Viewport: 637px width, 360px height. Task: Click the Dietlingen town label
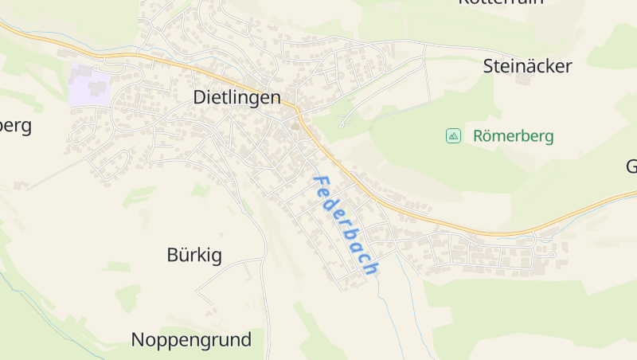pos(237,97)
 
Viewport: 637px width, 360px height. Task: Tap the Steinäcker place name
pos(527,66)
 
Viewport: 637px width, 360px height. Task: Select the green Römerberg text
pos(513,135)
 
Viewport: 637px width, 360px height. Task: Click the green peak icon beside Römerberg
pos(453,135)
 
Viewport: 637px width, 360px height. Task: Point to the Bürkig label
pos(194,255)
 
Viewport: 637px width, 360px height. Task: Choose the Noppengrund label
pos(191,340)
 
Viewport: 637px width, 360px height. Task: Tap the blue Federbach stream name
pos(345,225)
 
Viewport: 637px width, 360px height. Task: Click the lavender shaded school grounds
pos(90,86)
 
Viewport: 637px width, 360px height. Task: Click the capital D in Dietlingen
pos(201,97)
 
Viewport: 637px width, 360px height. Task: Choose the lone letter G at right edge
pos(631,166)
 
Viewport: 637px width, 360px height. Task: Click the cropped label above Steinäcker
pos(501,2)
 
